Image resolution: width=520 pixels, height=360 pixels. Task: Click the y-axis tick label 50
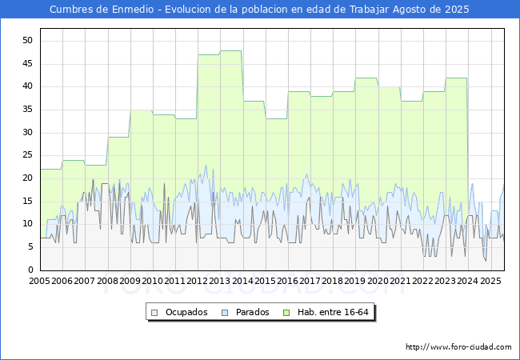point(27,41)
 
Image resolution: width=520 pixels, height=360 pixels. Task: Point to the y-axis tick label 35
point(27,110)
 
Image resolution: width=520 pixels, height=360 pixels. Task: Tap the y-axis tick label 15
point(27,202)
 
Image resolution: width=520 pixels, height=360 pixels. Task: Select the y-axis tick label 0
point(30,270)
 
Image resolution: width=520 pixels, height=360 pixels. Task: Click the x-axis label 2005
point(39,281)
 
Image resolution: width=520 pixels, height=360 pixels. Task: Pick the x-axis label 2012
point(197,281)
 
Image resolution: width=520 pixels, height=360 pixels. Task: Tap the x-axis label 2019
point(355,281)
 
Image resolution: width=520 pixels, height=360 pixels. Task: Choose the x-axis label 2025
point(490,281)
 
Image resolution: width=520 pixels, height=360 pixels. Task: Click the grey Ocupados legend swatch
point(154,313)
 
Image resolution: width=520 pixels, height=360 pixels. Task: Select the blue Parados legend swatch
point(225,313)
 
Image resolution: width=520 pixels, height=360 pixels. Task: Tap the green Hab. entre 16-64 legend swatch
point(286,313)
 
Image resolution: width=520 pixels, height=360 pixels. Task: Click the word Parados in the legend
point(252,312)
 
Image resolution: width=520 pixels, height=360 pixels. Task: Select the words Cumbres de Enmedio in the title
point(102,10)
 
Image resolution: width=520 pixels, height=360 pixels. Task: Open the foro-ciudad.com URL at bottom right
point(458,347)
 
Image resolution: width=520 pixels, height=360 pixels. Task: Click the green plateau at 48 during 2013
point(231,50)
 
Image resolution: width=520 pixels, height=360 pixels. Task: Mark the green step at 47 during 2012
point(208,54)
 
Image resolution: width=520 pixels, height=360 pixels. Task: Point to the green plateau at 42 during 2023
point(456,78)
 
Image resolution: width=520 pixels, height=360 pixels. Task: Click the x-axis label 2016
point(287,281)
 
